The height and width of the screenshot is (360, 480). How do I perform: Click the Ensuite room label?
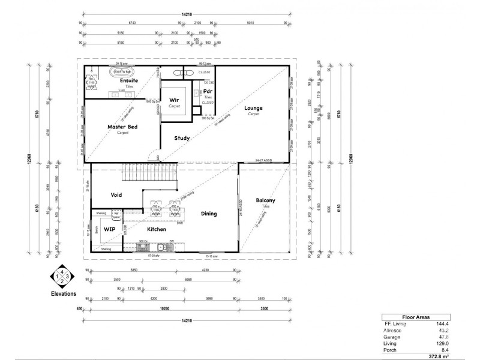(129, 80)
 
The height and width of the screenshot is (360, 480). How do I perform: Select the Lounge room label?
(253, 108)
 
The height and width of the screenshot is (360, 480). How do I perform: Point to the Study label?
(182, 138)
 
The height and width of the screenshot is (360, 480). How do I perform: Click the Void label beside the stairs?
(117, 195)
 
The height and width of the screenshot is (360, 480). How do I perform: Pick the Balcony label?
(265, 200)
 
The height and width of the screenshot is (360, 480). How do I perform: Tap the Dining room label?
(209, 214)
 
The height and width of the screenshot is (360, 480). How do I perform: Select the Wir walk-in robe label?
(174, 100)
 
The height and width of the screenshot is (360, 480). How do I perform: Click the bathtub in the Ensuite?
(122, 71)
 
